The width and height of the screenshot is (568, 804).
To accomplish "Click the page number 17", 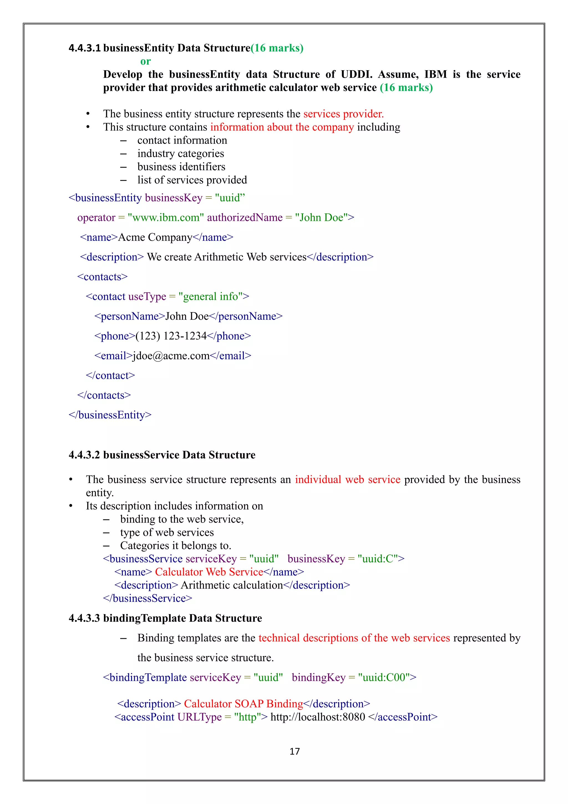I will (x=295, y=751).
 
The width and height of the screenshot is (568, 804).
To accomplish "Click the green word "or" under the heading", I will (x=146, y=61).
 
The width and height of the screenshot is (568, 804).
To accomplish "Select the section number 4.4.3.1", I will (x=85, y=48).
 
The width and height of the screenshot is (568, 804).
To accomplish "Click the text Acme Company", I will (x=155, y=237).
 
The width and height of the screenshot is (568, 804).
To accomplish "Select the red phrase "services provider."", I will (x=343, y=114).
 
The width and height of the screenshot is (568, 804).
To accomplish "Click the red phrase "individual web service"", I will (x=348, y=479).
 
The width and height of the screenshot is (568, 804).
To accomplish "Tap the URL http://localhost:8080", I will (x=318, y=717).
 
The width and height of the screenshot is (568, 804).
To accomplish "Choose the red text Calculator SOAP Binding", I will (x=244, y=703).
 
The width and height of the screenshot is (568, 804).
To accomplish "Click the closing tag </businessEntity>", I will (x=110, y=415).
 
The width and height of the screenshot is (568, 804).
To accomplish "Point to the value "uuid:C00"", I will (x=384, y=677).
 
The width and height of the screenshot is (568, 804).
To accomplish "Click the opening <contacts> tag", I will (x=102, y=277).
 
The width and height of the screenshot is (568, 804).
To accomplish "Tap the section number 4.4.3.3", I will (x=84, y=618).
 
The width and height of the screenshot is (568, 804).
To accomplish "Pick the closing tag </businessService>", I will (x=148, y=598).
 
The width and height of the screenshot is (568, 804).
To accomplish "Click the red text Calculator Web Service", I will (x=209, y=572).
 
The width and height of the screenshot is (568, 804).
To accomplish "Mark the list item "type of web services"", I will (x=167, y=532).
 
